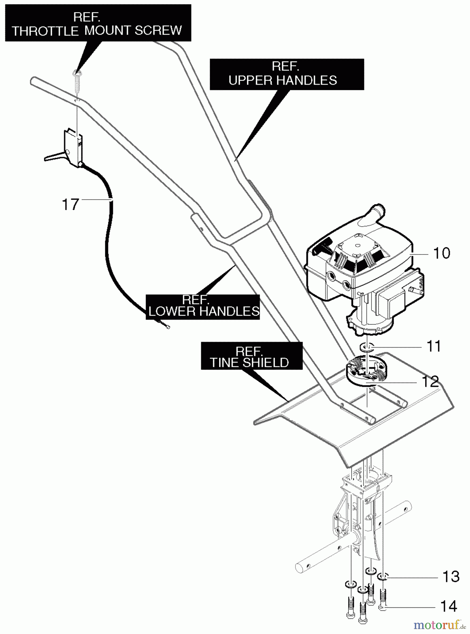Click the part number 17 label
(x=70, y=204)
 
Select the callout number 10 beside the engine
(x=441, y=253)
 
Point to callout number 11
(x=434, y=346)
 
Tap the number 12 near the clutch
(x=430, y=381)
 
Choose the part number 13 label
(x=451, y=577)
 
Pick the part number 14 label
(x=449, y=606)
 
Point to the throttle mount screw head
(x=76, y=73)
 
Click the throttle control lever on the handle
(x=56, y=156)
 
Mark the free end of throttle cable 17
(x=167, y=327)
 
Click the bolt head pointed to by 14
(x=383, y=607)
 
